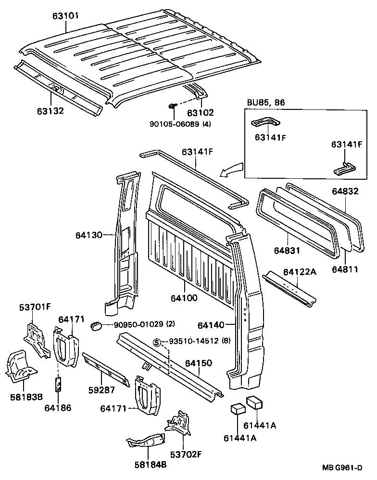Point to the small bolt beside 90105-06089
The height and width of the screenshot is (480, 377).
pyautogui.click(x=172, y=106)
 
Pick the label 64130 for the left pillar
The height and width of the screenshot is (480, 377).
pyautogui.click(x=89, y=235)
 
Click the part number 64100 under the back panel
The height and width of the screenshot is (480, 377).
pyautogui.click(x=184, y=298)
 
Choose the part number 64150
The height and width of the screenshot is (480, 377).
pyautogui.click(x=200, y=362)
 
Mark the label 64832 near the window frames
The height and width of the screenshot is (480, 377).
pyautogui.click(x=345, y=191)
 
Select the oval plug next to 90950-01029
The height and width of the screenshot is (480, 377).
pyautogui.click(x=96, y=326)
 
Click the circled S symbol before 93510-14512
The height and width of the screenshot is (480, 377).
pyautogui.click(x=156, y=343)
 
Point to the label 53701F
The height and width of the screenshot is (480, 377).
pyautogui.click(x=35, y=306)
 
